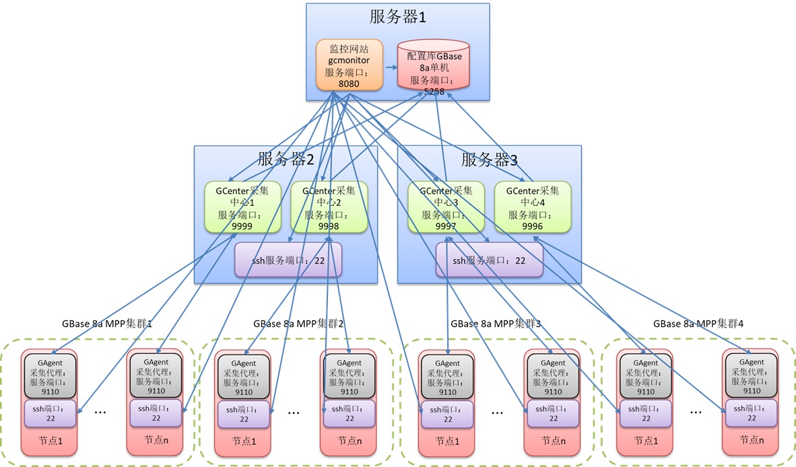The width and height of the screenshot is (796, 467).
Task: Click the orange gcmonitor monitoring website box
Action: point(350,65)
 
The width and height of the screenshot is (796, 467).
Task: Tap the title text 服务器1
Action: point(397,17)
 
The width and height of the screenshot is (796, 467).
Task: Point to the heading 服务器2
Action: point(286,159)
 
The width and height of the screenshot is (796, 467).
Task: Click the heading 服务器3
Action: point(489,159)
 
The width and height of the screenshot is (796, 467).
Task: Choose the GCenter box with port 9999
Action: point(241,208)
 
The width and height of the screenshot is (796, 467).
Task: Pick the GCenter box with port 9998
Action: point(329,208)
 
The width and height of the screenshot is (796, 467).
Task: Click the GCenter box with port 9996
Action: point(533,208)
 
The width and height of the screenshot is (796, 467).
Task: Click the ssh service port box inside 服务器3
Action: point(490,260)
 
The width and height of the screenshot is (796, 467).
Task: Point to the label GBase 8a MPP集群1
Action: point(107,323)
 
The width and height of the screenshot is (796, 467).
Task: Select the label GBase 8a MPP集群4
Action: point(698,323)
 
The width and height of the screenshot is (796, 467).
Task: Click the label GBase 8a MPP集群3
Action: point(496,323)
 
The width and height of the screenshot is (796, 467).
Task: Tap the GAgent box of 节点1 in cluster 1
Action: point(49,375)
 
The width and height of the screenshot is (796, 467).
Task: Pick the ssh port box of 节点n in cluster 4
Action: point(749,413)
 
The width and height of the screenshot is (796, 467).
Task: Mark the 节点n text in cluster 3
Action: point(553,441)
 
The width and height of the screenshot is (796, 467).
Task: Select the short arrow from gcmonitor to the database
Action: point(390,67)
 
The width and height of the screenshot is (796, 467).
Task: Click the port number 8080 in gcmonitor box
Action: point(349,83)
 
